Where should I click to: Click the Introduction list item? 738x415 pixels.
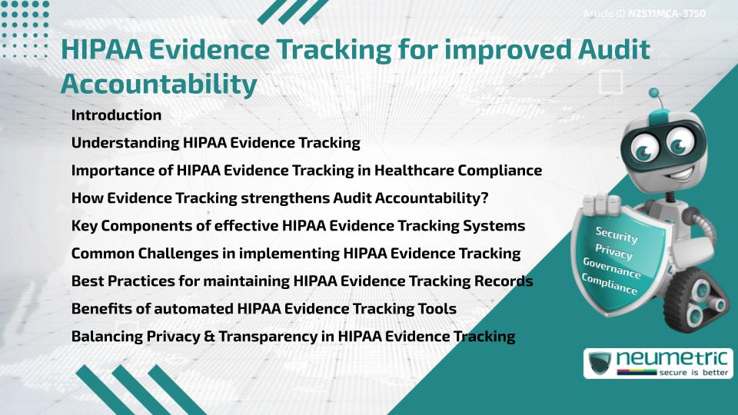tap(116, 115)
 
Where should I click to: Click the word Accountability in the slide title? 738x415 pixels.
tap(158, 84)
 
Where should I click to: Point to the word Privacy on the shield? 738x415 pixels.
tap(613, 252)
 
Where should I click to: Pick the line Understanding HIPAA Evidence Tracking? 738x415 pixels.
tap(215, 143)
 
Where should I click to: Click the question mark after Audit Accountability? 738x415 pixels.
tap(484, 198)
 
